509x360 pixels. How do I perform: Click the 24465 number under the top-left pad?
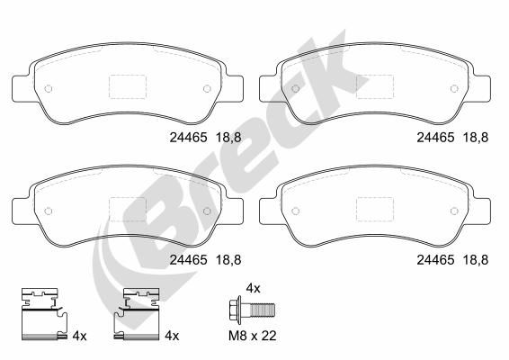(188, 138)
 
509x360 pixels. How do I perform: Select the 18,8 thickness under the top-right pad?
(475, 138)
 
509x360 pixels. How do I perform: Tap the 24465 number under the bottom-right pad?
(435, 259)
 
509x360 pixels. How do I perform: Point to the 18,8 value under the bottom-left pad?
(228, 259)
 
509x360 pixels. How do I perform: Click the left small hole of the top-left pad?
(48, 88)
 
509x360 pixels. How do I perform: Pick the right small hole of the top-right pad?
(454, 88)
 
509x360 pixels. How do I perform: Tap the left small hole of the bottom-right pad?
(295, 211)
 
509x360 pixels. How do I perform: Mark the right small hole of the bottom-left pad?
(207, 211)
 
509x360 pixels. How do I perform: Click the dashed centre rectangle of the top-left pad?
(128, 86)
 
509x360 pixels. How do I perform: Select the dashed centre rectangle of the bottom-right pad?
(375, 210)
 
